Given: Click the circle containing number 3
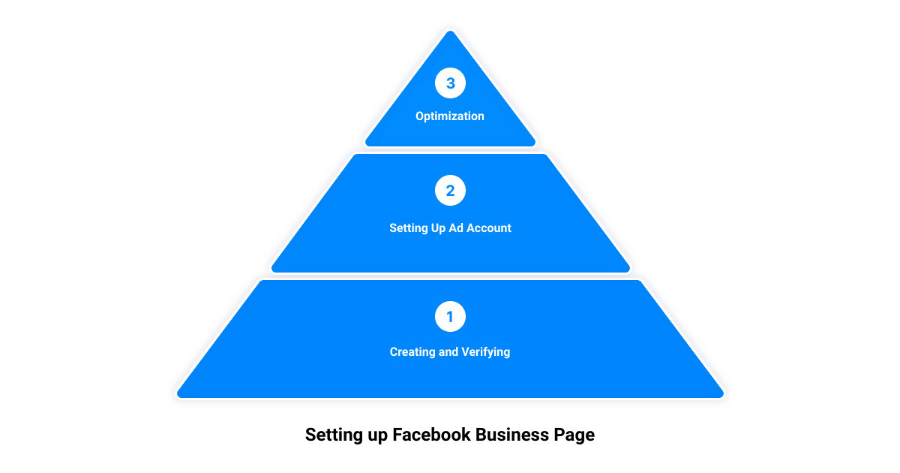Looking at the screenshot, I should coord(450,83).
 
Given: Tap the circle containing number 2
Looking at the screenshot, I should coord(450,191).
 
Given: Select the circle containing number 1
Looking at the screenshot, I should coord(450,317).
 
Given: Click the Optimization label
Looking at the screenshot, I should coord(450,116).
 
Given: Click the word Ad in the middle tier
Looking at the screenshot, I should coord(457,228).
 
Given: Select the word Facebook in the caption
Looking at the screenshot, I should coord(433,435).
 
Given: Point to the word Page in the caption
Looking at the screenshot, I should coord(575,435).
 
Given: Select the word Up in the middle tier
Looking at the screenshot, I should coord(439,228).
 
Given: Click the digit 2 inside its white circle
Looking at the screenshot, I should coord(450,191).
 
